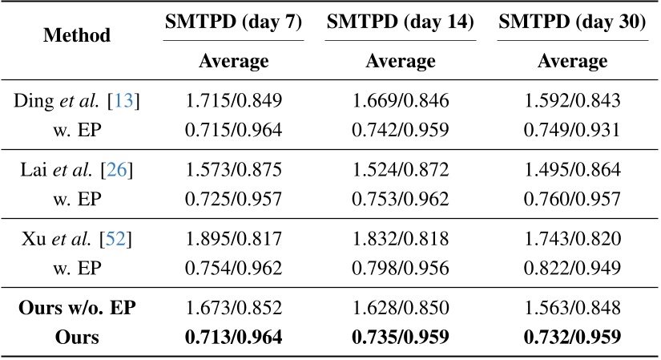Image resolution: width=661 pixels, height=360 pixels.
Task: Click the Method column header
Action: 77,36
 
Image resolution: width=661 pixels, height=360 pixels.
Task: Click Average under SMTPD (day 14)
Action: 400,62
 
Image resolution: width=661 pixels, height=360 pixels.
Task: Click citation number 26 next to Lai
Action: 121,171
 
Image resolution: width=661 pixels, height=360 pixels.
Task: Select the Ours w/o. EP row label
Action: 77,309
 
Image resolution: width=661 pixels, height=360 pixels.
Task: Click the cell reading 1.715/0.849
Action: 233,102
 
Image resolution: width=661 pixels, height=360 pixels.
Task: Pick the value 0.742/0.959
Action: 400,127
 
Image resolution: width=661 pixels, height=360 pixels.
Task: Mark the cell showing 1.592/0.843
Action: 571,102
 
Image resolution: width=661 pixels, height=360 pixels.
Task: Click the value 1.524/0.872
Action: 400,171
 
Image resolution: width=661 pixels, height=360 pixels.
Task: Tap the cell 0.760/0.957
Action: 571,196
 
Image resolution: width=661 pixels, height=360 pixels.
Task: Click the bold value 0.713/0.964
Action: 233,337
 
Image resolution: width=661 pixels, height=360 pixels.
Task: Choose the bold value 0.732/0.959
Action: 571,337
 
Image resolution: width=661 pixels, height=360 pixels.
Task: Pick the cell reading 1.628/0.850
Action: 400,309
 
